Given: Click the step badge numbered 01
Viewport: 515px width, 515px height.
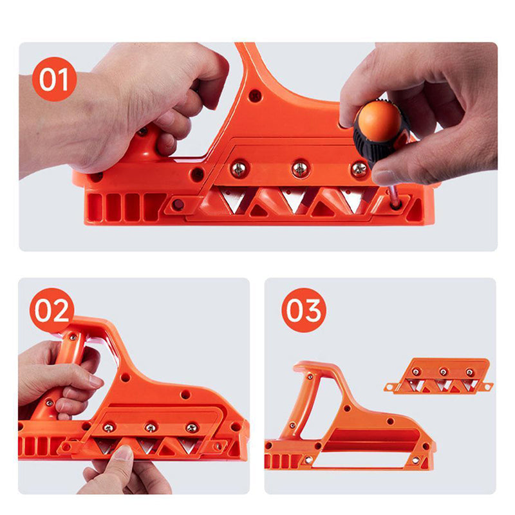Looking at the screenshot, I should coord(54,79).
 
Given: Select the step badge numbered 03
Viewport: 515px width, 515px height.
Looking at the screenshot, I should coord(304,310).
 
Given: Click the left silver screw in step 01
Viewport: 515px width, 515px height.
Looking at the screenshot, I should coord(239,169).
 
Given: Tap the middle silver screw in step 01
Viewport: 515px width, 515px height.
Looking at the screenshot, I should coord(300,169).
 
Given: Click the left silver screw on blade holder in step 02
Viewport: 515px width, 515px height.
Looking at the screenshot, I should coord(109,427).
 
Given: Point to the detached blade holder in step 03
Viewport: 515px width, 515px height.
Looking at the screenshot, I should coord(441,377).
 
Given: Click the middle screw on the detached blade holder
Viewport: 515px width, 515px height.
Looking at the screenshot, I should coord(443,372).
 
